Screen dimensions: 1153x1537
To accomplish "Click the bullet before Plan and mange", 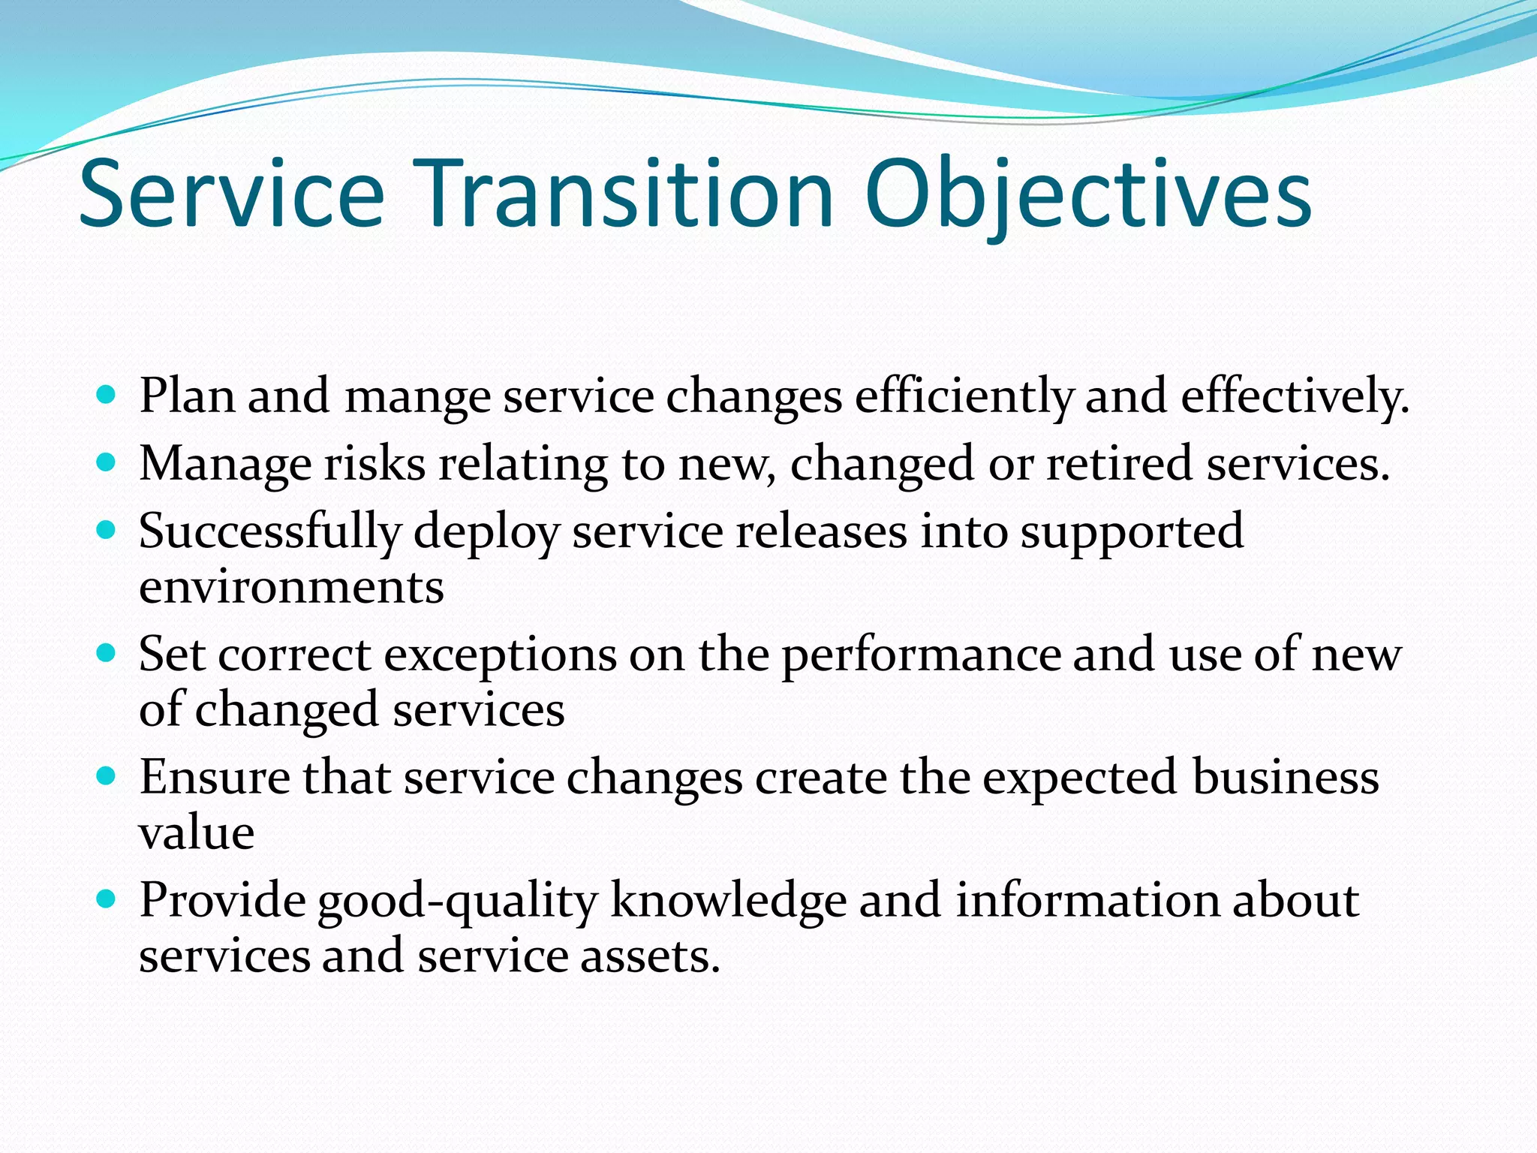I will tap(107, 394).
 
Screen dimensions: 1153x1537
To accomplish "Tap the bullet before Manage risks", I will tap(107, 462).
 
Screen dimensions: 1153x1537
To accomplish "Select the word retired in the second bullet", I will tap(1119, 463).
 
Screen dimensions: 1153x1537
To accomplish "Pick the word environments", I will tap(291, 587).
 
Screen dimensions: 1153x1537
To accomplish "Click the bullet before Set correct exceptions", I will tap(107, 652).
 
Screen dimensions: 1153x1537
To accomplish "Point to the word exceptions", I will tap(501, 655).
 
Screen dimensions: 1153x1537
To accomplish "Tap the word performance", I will tap(921, 655).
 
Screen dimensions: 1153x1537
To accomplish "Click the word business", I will tap(1285, 777).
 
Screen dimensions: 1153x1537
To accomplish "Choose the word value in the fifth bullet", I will tap(197, 832).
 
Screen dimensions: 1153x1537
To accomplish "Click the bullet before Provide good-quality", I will tap(107, 898).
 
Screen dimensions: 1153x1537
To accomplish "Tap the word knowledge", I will tap(728, 901).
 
